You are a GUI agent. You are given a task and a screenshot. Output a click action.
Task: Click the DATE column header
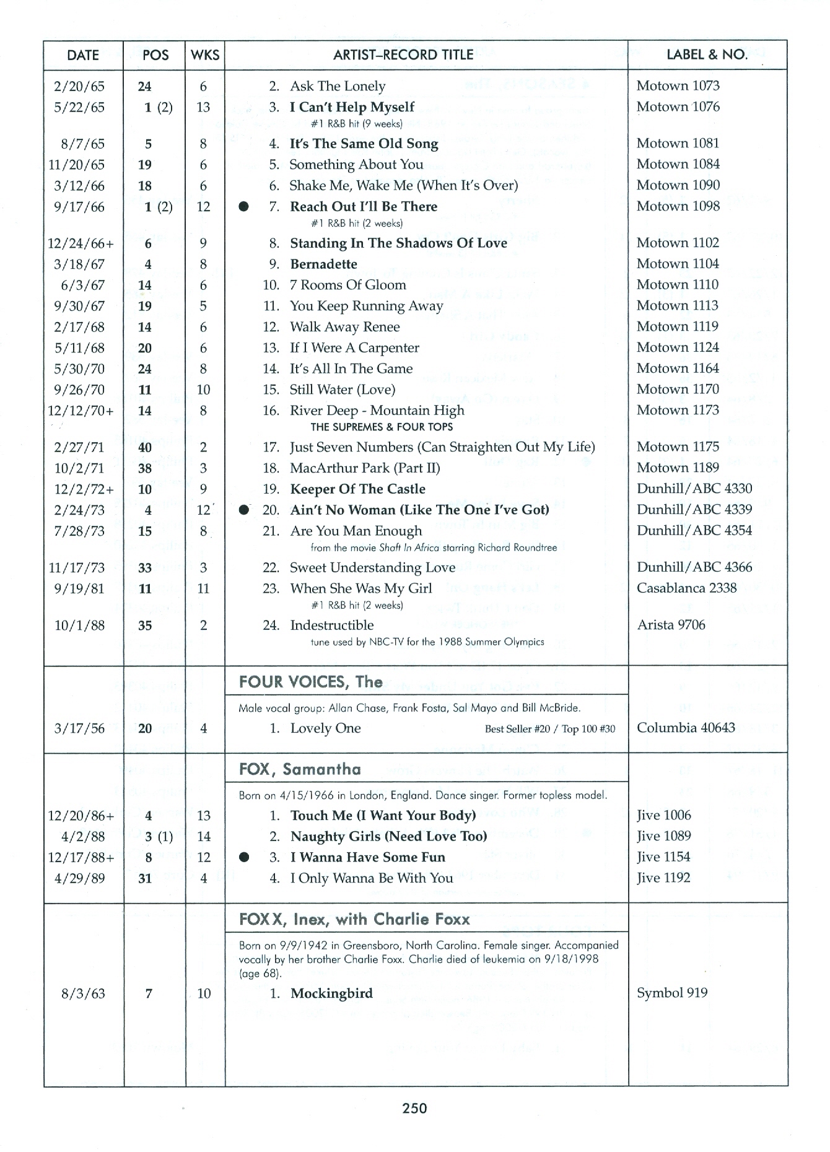(83, 55)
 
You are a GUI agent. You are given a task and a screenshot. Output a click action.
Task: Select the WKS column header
(205, 55)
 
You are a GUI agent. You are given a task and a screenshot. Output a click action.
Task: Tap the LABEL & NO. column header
(707, 55)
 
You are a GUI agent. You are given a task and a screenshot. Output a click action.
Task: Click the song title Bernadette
(323, 264)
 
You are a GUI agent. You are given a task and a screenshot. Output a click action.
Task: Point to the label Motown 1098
(678, 206)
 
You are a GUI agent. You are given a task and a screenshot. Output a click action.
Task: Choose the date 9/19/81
(79, 589)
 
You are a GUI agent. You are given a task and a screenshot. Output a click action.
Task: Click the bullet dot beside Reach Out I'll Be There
(244, 207)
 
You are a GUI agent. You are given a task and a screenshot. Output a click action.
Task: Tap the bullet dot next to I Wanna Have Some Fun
(244, 858)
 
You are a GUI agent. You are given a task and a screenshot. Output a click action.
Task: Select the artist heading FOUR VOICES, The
(311, 683)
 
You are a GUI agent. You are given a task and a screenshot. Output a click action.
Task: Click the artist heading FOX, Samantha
(300, 770)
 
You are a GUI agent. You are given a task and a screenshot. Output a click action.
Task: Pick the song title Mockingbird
(331, 994)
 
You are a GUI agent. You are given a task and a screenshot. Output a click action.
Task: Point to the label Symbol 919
(672, 993)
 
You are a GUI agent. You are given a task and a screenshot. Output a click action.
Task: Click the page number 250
(414, 1108)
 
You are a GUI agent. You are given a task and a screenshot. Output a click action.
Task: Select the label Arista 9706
(671, 625)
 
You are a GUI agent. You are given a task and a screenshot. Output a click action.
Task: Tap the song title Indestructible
(332, 626)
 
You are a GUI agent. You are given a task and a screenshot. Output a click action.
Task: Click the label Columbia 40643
(686, 728)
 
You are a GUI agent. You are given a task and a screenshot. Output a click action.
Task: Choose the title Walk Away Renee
(345, 327)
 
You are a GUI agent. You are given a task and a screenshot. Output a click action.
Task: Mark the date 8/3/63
(83, 994)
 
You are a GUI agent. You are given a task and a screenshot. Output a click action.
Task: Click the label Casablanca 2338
(686, 588)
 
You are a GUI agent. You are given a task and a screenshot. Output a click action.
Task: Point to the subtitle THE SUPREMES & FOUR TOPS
(382, 427)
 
